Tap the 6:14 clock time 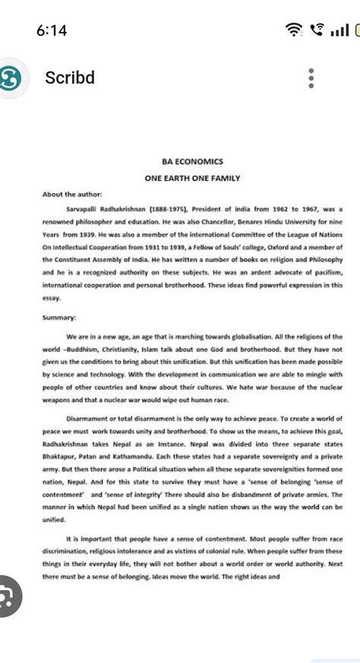[x=52, y=30]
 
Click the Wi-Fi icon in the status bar [x=293, y=30]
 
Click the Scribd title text [x=70, y=78]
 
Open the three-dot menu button [x=310, y=78]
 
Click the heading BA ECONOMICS [x=192, y=162]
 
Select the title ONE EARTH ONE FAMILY [x=192, y=178]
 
